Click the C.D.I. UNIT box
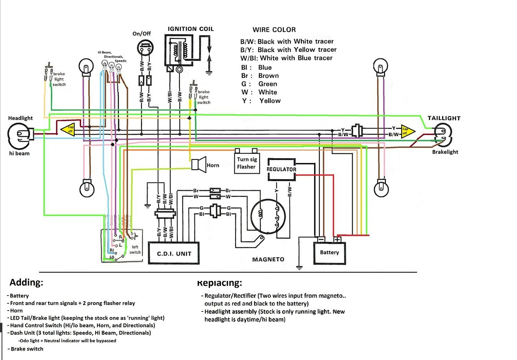174,253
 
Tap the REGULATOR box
281,169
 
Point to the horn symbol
199,163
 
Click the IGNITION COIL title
191,29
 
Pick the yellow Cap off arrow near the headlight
68,129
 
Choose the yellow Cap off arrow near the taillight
407,131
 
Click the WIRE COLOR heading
274,30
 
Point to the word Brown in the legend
268,76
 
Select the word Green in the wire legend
268,84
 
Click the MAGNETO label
268,260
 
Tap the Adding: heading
26,282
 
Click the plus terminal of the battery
337,239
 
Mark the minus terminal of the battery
321,239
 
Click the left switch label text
135,250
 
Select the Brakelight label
445,152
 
